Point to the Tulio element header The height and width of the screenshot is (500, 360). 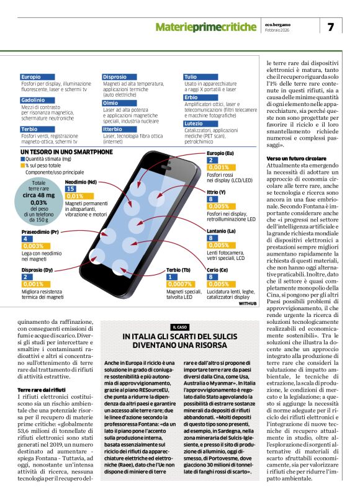coord(190,77)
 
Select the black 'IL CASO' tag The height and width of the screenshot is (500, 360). coord(180,327)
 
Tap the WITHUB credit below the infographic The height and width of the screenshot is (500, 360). coord(247,304)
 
